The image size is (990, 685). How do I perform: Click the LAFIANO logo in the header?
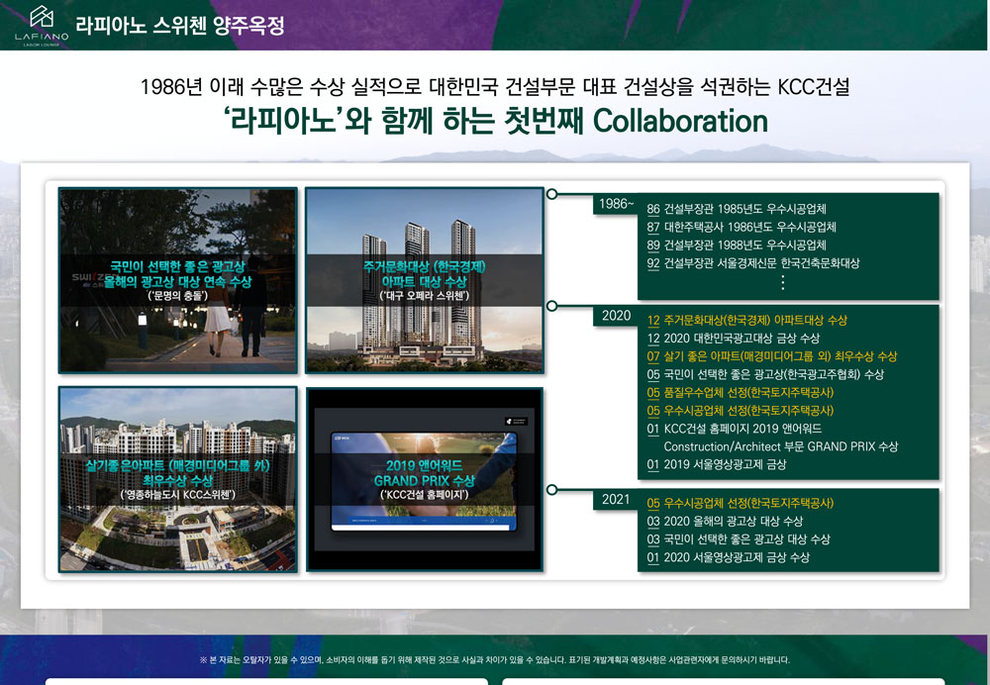[42, 26]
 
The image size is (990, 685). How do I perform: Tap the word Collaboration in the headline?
[680, 121]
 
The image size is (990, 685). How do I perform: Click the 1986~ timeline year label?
[616, 203]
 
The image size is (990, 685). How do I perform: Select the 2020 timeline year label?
[616, 315]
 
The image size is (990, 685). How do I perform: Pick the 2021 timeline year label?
[616, 499]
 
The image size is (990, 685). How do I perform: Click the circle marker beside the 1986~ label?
[551, 194]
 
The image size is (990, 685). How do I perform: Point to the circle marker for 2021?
[551, 489]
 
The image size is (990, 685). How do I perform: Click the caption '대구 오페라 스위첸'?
[425, 296]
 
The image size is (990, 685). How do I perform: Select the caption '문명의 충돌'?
[177, 295]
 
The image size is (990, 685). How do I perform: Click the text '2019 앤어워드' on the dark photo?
[425, 466]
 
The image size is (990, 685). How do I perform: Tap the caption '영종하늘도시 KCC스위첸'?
[177, 494]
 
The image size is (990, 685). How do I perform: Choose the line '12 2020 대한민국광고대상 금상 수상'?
[733, 339]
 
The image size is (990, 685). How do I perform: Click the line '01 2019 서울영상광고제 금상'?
[717, 464]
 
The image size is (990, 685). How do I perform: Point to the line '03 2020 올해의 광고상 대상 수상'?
[725, 522]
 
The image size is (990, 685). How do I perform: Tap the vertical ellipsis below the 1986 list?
[783, 282]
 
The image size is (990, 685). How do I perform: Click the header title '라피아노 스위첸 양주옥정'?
[180, 26]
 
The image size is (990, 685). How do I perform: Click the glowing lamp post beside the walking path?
[143, 329]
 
